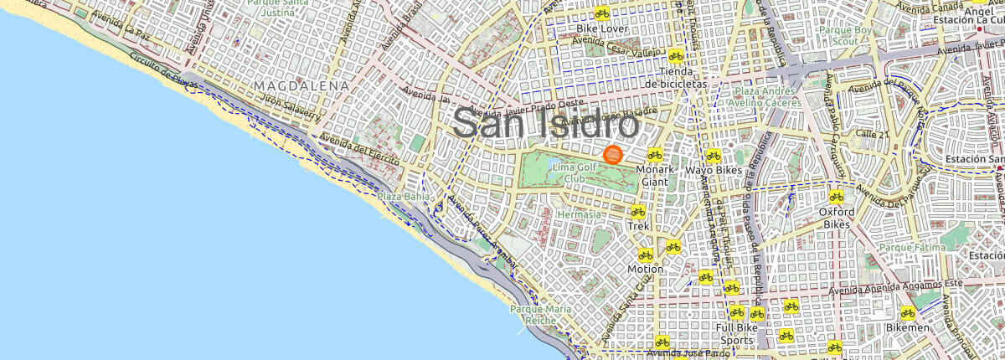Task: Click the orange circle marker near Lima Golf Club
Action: pos(612,155)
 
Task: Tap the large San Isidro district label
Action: pos(546,125)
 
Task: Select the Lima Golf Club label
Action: pos(575,173)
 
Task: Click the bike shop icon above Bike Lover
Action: pos(601,13)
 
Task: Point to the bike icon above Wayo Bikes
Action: pos(714,155)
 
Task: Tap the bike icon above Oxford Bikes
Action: pos(836,197)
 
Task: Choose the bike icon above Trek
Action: pos(638,211)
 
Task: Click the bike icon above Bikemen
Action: pos(907,312)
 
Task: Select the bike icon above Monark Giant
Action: pos(655,154)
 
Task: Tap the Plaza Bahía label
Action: pos(403,196)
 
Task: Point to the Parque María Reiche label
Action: pos(541,315)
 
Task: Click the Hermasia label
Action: pos(579,215)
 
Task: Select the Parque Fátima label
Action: pos(912,248)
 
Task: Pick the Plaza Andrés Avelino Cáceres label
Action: pos(767,97)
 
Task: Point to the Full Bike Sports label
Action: pos(737,334)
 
